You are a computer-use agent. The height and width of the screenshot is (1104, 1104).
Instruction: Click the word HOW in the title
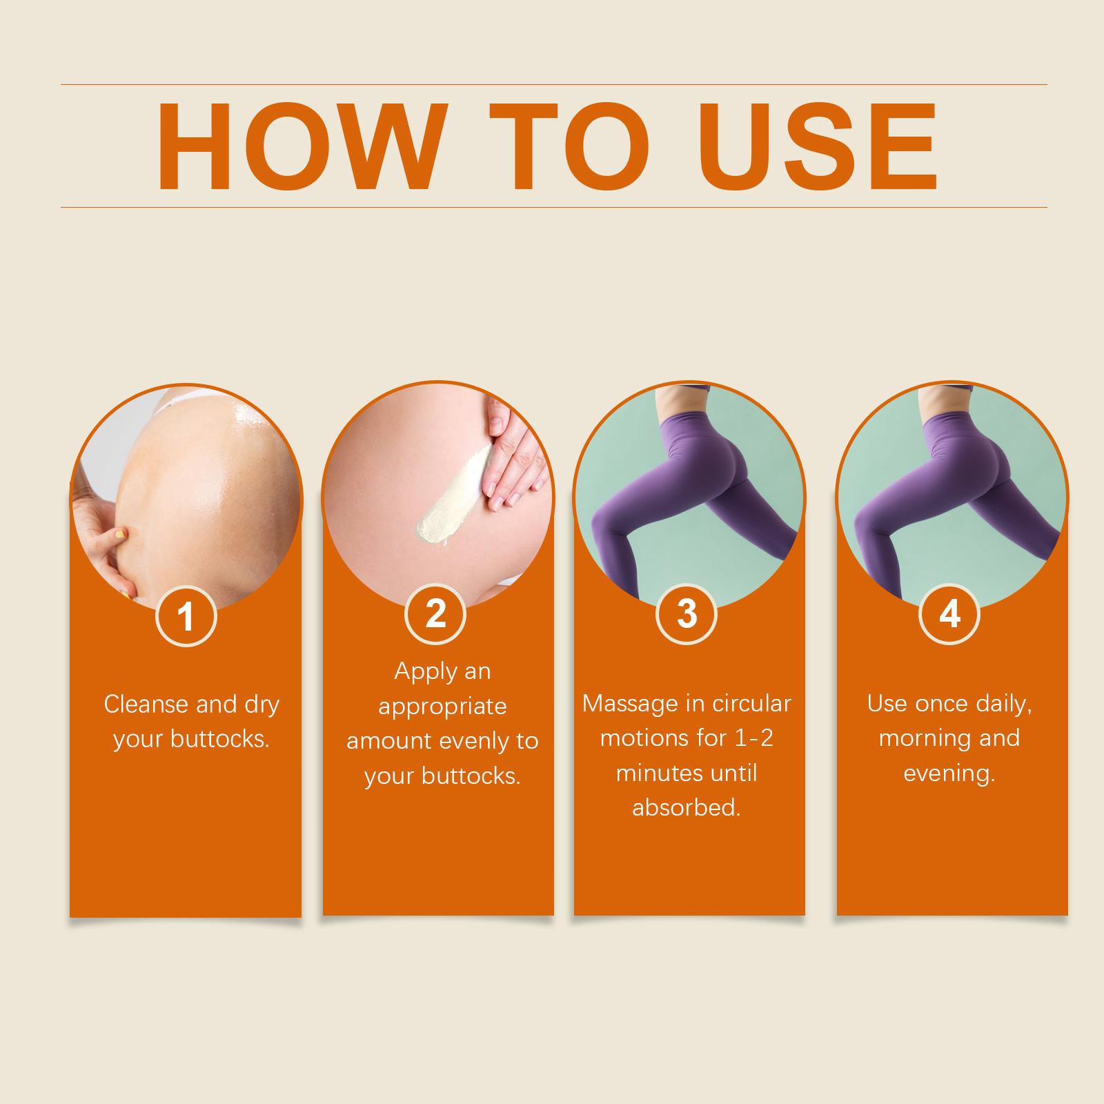[299, 146]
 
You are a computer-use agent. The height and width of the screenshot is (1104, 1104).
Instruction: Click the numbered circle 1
[186, 615]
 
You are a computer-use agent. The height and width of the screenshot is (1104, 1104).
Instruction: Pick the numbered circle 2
[435, 613]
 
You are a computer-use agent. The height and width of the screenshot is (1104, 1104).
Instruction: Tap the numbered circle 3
[687, 613]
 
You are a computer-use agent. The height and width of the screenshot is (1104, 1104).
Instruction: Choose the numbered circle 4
[950, 613]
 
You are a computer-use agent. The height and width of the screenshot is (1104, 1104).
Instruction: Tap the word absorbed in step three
[686, 807]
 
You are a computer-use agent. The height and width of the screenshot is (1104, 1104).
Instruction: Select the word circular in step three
[751, 704]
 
